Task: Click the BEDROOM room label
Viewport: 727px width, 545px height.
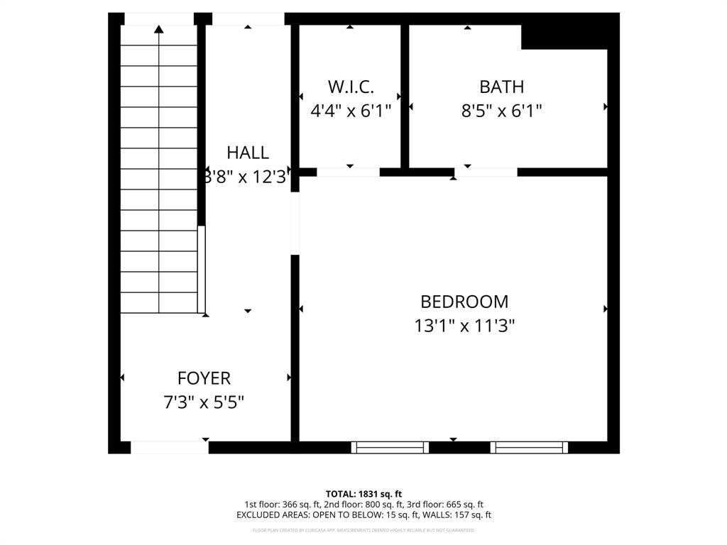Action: [x=464, y=302]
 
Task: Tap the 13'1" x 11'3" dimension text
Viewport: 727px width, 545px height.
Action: [x=464, y=326]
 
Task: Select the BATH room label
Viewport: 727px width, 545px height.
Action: [x=502, y=87]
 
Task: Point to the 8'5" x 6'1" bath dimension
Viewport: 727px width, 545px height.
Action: [x=502, y=111]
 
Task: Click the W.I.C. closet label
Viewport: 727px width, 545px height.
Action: [x=351, y=87]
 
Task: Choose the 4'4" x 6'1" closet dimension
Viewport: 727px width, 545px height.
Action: [x=351, y=111]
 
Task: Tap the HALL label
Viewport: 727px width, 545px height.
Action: [x=248, y=153]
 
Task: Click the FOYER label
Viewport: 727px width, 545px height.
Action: [x=204, y=379]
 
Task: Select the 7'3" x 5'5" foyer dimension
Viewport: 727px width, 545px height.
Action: [x=204, y=402]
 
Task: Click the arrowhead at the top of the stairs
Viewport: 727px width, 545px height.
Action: [x=158, y=29]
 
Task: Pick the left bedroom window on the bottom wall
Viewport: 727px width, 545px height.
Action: [x=390, y=447]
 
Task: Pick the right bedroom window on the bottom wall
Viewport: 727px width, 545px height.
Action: [x=529, y=447]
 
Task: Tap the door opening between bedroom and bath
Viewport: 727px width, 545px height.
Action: [x=486, y=172]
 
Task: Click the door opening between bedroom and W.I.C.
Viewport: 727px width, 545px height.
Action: [x=348, y=172]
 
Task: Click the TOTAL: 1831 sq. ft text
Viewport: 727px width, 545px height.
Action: [x=363, y=494]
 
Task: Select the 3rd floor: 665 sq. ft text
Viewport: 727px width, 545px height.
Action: [x=445, y=505]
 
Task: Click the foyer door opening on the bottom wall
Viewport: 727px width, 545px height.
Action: [x=170, y=447]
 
